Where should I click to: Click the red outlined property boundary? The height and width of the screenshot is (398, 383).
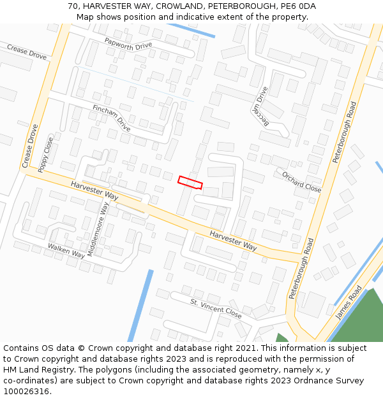tap(190, 183)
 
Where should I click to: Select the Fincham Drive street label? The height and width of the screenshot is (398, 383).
tap(111, 119)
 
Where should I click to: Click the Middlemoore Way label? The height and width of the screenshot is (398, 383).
tap(99, 228)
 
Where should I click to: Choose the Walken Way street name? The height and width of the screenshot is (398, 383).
tap(66, 250)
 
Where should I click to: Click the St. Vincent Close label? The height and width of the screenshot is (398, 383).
tap(216, 309)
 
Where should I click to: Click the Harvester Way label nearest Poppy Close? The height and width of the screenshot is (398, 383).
tap(94, 190)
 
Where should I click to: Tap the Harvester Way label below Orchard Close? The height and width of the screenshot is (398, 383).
tap(233, 241)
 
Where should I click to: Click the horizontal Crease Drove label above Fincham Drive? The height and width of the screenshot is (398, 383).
tap(27, 52)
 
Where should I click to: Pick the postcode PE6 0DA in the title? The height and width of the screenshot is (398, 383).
tap(296, 6)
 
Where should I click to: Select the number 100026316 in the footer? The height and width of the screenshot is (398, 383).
tap(25, 391)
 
